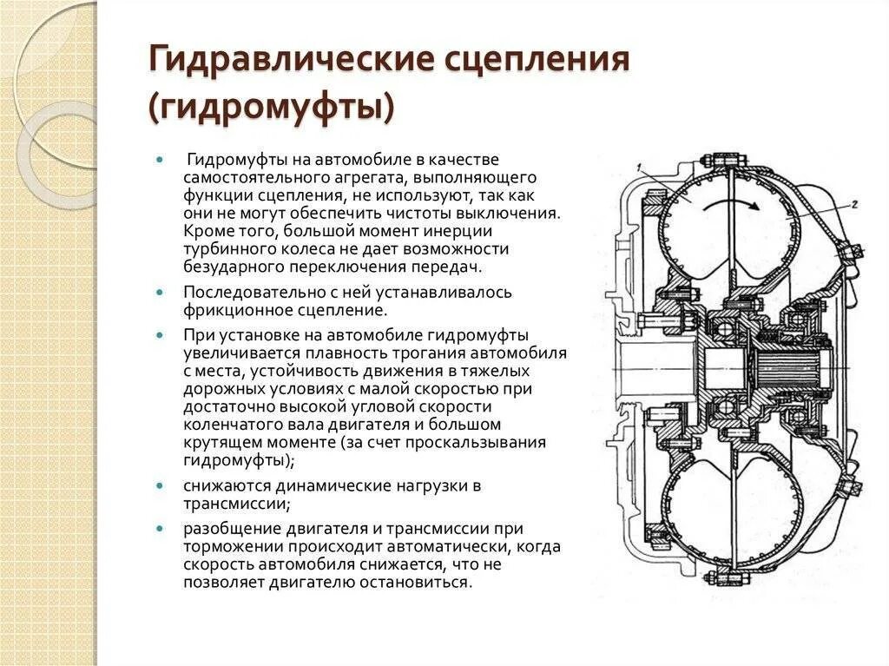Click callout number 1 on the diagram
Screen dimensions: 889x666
coord(638,167)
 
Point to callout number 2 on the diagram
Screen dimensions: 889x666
coord(854,205)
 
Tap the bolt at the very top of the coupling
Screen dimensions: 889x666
coord(728,162)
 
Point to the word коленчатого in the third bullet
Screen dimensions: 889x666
coord(227,425)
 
